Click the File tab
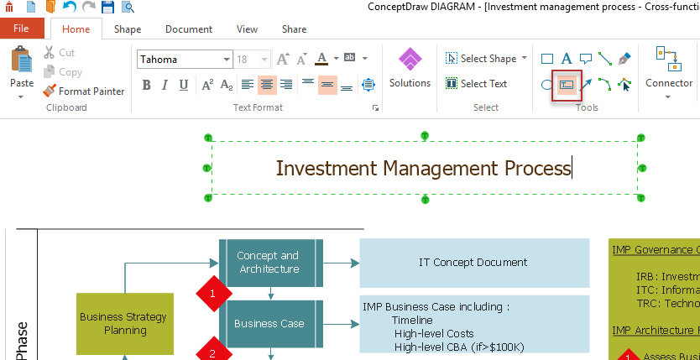[21, 29]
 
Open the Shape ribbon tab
[128, 29]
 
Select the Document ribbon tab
[189, 29]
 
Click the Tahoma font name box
[180, 60]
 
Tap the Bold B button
[147, 84]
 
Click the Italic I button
[165, 84]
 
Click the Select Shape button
[486, 59]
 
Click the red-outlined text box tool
[567, 85]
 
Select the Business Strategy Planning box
[124, 323]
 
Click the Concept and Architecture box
[269, 262]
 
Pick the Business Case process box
[269, 323]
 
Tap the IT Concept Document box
[473, 263]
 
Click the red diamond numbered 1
[212, 294]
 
